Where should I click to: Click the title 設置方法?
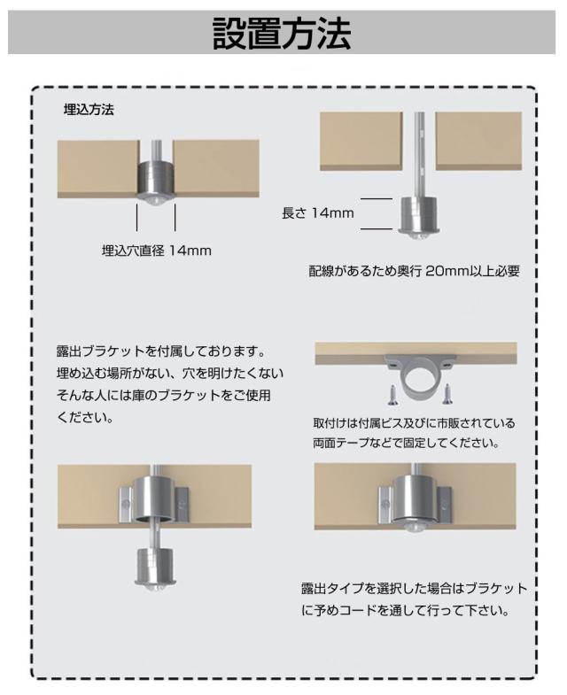pyautogui.click(x=282, y=34)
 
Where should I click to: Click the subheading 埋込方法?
pyautogui.click(x=89, y=110)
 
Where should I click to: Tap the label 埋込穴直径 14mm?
pyautogui.click(x=157, y=251)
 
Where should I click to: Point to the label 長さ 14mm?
pyautogui.click(x=318, y=213)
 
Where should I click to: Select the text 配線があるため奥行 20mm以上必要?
pyautogui.click(x=414, y=271)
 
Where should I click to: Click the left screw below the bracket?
pyautogui.click(x=392, y=395)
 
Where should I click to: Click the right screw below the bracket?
pyautogui.click(x=447, y=394)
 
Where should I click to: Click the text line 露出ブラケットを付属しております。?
pyautogui.click(x=161, y=351)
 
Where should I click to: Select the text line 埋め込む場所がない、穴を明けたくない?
pyautogui.click(x=170, y=374)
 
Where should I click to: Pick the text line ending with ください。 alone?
pyautogui.click(x=85, y=417)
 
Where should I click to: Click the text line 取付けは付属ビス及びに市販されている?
pyautogui.click(x=414, y=423)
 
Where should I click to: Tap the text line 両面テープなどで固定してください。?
pyautogui.click(x=407, y=443)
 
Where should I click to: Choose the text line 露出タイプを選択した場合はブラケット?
pyautogui.click(x=415, y=589)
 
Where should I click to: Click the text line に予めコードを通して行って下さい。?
pyautogui.click(x=406, y=611)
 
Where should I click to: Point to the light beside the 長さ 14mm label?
pyautogui.click(x=419, y=217)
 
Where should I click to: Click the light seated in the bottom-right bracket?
pyautogui.click(x=414, y=502)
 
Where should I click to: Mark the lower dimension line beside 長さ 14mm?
pyautogui.click(x=377, y=229)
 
